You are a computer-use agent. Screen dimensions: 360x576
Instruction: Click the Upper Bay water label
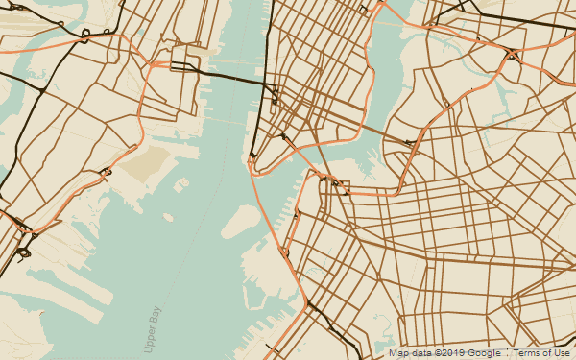click(x=153, y=329)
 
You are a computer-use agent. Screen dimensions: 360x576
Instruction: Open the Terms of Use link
click(x=541, y=353)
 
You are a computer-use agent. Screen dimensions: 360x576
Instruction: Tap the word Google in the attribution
click(x=486, y=353)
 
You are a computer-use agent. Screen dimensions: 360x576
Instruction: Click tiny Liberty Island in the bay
click(x=168, y=217)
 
